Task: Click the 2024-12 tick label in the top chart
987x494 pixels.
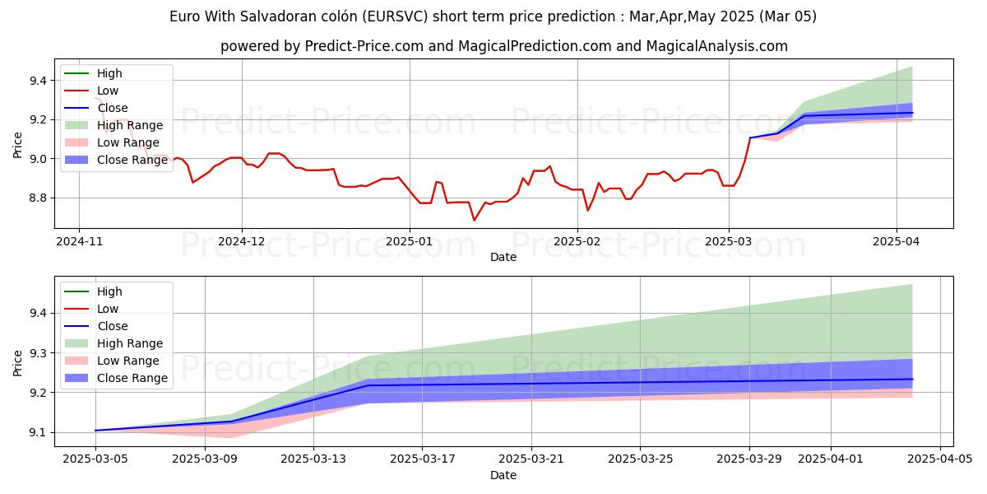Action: (242, 241)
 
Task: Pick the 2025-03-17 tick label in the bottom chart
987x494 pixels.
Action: (421, 459)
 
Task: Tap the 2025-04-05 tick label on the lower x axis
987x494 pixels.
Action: (939, 459)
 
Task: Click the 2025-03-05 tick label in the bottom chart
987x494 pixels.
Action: (95, 459)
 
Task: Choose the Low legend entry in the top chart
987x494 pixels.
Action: (108, 91)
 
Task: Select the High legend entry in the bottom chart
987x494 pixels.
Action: (109, 291)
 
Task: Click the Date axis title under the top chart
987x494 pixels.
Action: (503, 257)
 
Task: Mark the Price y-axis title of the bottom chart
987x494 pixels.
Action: (18, 361)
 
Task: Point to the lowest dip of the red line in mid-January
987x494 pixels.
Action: (474, 220)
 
